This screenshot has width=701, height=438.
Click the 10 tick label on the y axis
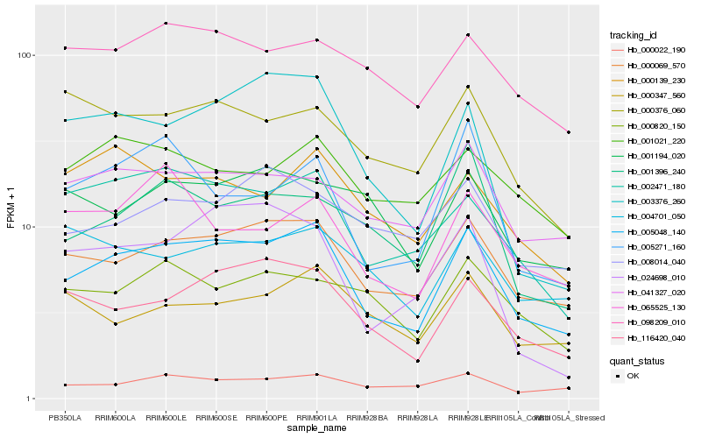[x=26, y=227]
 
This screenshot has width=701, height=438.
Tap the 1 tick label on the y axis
[x=29, y=399]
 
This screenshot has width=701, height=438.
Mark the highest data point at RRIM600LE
[x=166, y=24]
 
